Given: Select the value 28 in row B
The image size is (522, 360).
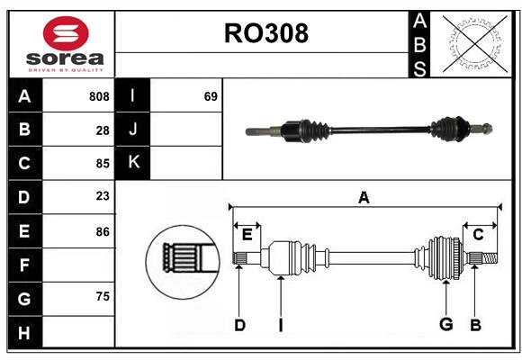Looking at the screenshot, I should (x=103, y=130).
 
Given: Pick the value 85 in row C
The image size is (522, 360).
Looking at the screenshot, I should (x=103, y=164).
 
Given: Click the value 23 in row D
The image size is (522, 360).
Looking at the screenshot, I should (x=103, y=197).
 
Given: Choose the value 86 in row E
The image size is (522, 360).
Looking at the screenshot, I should (x=103, y=231).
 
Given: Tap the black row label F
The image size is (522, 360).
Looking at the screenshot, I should (x=24, y=265).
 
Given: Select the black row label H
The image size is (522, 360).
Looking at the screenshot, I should (x=24, y=333).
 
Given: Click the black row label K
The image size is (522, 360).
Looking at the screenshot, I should (x=133, y=163).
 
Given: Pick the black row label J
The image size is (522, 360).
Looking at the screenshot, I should (x=133, y=130).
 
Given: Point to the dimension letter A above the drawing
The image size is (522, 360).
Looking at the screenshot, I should (x=364, y=197).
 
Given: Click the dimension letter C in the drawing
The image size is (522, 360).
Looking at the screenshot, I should (x=479, y=234).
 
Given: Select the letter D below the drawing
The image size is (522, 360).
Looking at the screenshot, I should (x=239, y=325).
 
